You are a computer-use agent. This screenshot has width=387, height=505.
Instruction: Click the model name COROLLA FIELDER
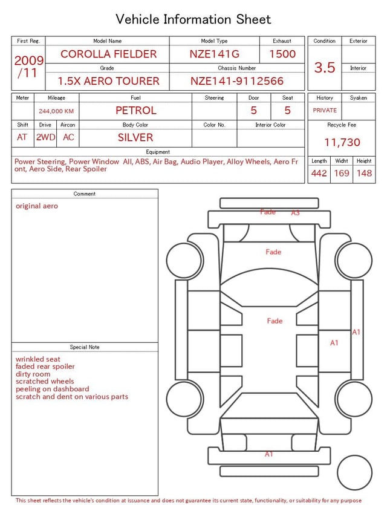click(x=108, y=54)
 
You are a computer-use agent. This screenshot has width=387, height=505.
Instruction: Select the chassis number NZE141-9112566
click(x=237, y=81)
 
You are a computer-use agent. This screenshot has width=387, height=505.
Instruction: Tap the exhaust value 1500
click(x=282, y=54)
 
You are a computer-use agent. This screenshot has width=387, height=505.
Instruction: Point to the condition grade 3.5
click(x=325, y=68)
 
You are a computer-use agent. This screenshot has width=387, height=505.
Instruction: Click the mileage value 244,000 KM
click(x=56, y=111)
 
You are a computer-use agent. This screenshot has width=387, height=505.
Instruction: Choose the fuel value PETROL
click(x=136, y=110)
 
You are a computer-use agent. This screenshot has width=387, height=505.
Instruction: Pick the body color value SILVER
click(x=135, y=137)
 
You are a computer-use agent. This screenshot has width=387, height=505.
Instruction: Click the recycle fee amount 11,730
click(x=342, y=142)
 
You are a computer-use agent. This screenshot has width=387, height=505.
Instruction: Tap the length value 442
click(x=319, y=173)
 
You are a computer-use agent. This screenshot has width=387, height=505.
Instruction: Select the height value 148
click(x=364, y=173)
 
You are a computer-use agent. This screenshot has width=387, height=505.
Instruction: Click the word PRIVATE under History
click(x=325, y=111)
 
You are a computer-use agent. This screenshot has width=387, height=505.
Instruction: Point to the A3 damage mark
click(x=296, y=213)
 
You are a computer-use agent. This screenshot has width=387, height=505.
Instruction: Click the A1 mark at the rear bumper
click(x=269, y=454)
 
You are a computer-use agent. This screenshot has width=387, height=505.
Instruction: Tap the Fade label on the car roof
click(x=275, y=321)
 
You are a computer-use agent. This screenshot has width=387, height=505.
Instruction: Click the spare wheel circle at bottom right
click(x=354, y=473)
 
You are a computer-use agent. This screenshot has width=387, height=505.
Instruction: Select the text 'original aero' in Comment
click(x=37, y=206)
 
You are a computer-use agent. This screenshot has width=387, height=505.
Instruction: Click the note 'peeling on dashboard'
click(x=53, y=389)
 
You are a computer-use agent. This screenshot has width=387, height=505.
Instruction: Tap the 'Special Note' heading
click(x=85, y=347)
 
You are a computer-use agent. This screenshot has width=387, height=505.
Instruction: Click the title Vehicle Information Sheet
click(x=193, y=19)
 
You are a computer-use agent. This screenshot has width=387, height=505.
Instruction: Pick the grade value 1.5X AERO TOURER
click(x=108, y=81)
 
